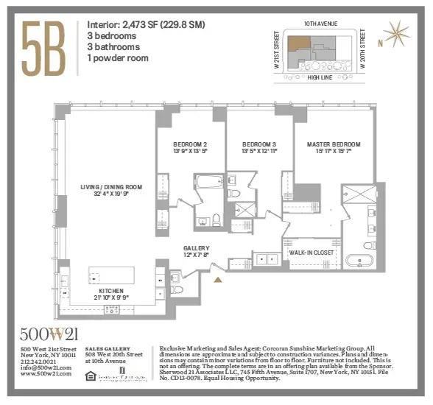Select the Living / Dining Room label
[111, 191]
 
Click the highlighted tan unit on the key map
[299, 44]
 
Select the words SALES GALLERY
[108, 348]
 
